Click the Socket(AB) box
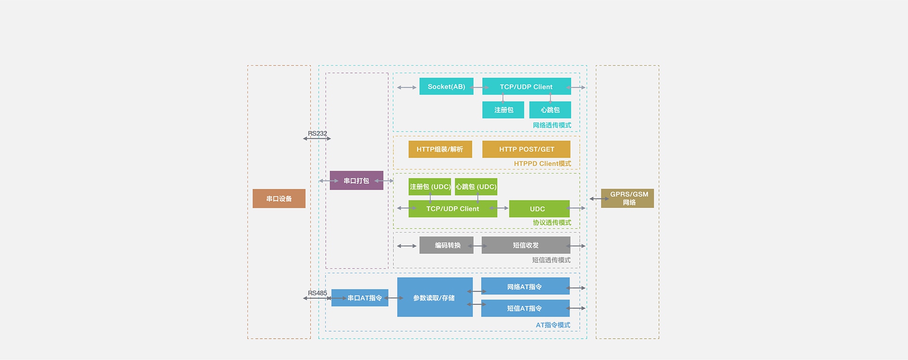click(446, 87)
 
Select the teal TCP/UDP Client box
click(526, 87)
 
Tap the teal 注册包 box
click(503, 110)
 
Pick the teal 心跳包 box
click(550, 110)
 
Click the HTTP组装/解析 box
click(440, 149)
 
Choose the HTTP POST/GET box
click(526, 149)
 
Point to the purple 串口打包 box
click(356, 181)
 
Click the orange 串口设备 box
click(279, 199)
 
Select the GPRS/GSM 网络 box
click(628, 198)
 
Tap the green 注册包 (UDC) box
click(429, 187)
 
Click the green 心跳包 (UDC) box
click(476, 187)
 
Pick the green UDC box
click(539, 209)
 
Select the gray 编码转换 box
click(446, 245)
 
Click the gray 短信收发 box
click(525, 245)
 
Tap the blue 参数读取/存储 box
click(435, 298)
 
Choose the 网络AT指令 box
click(525, 287)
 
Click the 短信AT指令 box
click(525, 308)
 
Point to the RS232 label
click(317, 133)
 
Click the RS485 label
click(317, 293)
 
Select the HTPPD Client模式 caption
click(542, 164)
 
